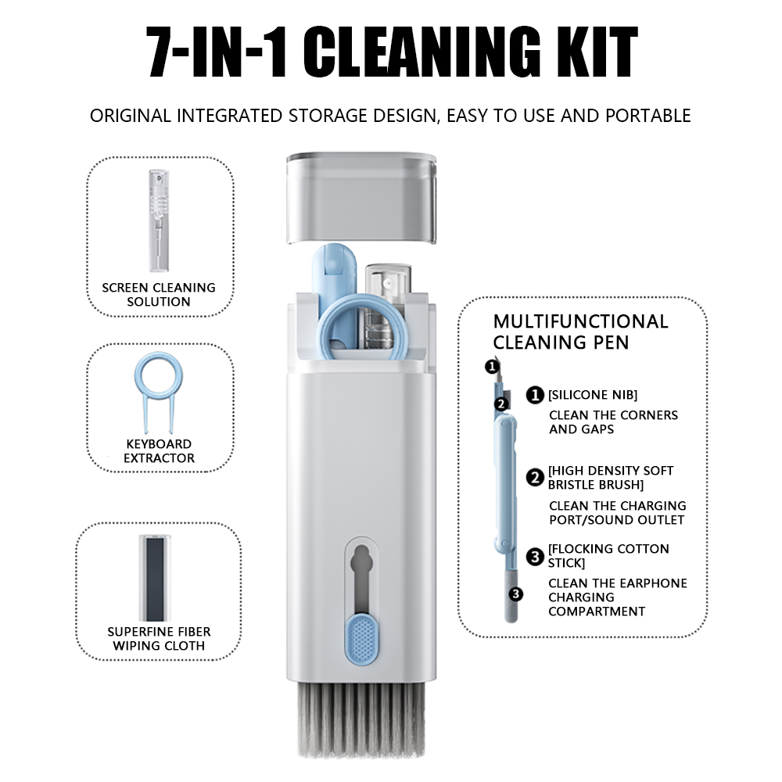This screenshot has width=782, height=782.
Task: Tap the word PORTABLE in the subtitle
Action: [x=647, y=116]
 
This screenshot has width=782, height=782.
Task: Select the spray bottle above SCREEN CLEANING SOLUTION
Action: [x=159, y=221]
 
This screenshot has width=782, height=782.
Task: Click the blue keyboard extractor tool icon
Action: [x=159, y=393]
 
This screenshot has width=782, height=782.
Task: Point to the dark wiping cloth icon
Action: [x=155, y=578]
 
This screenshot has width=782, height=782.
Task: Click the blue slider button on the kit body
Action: [x=361, y=639]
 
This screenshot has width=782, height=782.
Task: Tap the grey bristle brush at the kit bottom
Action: [x=361, y=719]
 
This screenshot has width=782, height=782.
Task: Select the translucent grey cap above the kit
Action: [x=361, y=199]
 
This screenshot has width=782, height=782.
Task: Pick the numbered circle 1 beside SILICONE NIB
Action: [x=535, y=395]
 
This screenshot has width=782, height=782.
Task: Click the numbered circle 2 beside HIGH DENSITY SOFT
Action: [x=535, y=478]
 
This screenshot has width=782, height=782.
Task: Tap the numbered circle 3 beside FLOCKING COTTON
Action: [x=535, y=556]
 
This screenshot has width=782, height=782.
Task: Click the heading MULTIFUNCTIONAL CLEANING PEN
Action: [x=580, y=332]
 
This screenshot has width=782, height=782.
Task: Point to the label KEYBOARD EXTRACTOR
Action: [x=159, y=451]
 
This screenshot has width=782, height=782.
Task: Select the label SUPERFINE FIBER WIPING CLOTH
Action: [x=159, y=639]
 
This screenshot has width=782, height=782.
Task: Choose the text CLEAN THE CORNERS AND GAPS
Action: [x=613, y=422]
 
